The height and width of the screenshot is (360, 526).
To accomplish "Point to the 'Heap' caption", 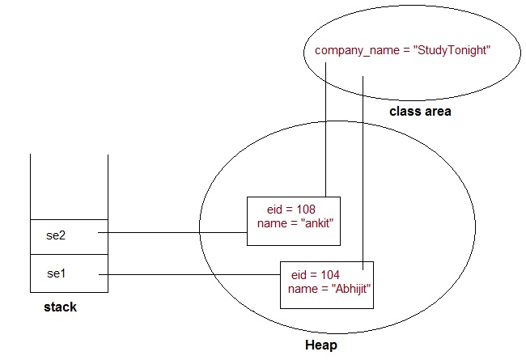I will tap(321, 345).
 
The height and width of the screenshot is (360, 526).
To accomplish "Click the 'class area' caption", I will tap(420, 111).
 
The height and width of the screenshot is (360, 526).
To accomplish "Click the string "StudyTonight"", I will tap(453, 50).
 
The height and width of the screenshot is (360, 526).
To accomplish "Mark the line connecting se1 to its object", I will tap(194, 273).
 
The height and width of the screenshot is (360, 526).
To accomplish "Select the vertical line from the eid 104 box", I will tap(363, 162).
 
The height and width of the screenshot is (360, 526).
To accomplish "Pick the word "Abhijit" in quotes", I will tap(348, 288).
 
